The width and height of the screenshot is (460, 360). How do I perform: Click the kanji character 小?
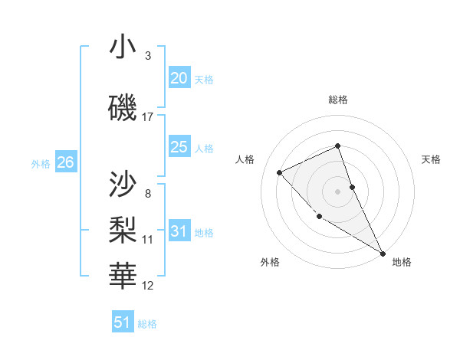tap(123, 47)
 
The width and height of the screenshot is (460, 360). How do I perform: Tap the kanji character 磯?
tap(123, 109)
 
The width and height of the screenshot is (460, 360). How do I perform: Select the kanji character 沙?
tap(123, 184)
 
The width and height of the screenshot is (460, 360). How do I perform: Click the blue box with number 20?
tap(179, 78)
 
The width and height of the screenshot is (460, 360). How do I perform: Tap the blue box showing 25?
tap(179, 147)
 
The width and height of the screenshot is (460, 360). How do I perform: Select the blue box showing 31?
tap(179, 231)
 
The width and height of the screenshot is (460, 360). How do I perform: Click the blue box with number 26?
tap(65, 162)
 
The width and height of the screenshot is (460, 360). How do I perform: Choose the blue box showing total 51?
tap(123, 322)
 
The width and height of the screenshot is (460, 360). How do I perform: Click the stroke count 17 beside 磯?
tap(148, 117)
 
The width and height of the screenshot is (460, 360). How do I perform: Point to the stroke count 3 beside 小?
tap(148, 56)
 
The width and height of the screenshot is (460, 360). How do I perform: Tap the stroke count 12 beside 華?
tap(148, 286)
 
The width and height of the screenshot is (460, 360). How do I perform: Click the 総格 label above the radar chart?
tap(338, 100)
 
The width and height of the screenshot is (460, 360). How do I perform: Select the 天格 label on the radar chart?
tap(431, 159)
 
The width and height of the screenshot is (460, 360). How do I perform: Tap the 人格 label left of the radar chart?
tap(245, 159)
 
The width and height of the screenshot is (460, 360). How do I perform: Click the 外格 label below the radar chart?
tap(270, 262)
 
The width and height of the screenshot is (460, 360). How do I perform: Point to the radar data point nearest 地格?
tap(383, 253)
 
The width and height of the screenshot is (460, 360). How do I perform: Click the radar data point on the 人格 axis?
tap(280, 172)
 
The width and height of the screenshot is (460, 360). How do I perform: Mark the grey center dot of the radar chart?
tap(338, 191)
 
